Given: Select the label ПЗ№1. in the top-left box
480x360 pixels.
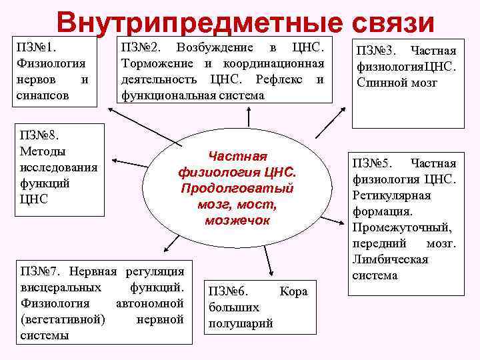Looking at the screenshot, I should tap(37, 48).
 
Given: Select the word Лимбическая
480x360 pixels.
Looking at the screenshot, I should tap(390, 259).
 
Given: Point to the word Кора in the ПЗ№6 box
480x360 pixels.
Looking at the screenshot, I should tap(293, 291).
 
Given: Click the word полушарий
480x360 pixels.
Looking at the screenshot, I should tap(241, 323).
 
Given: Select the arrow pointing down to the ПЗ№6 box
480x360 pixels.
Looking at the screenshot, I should tap(267, 263).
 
